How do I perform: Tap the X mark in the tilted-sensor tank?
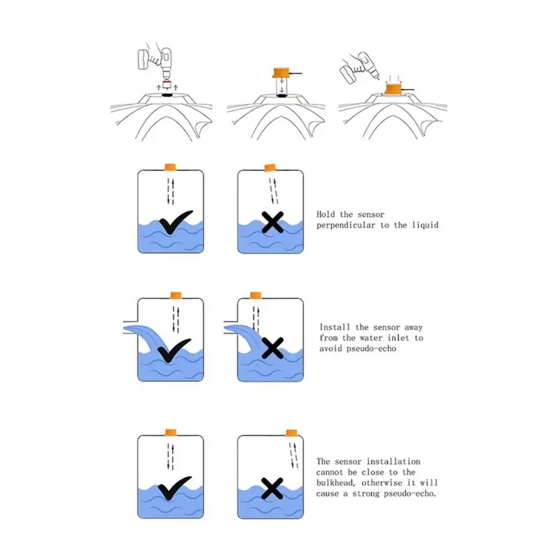[x=272, y=223]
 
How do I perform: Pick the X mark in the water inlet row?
[x=272, y=348]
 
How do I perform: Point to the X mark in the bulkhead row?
[x=272, y=488]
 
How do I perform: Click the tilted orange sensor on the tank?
[x=270, y=167]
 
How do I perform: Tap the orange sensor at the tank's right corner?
[x=291, y=433]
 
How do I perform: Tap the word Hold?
[x=325, y=214]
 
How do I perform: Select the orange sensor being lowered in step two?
[x=283, y=72]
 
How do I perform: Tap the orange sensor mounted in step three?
[x=394, y=89]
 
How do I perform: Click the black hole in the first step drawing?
[x=167, y=94]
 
